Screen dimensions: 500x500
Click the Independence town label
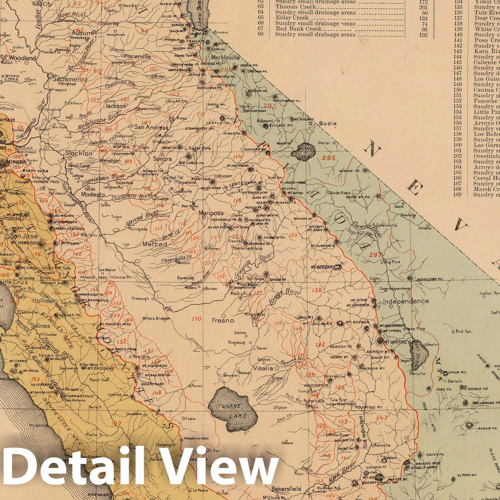point(406,301)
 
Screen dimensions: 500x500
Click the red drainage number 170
point(196,319)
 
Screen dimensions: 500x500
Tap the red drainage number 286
point(329,158)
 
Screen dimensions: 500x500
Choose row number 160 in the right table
point(458,145)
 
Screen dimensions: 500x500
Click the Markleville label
point(225,58)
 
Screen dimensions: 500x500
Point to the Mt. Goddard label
point(323,267)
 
